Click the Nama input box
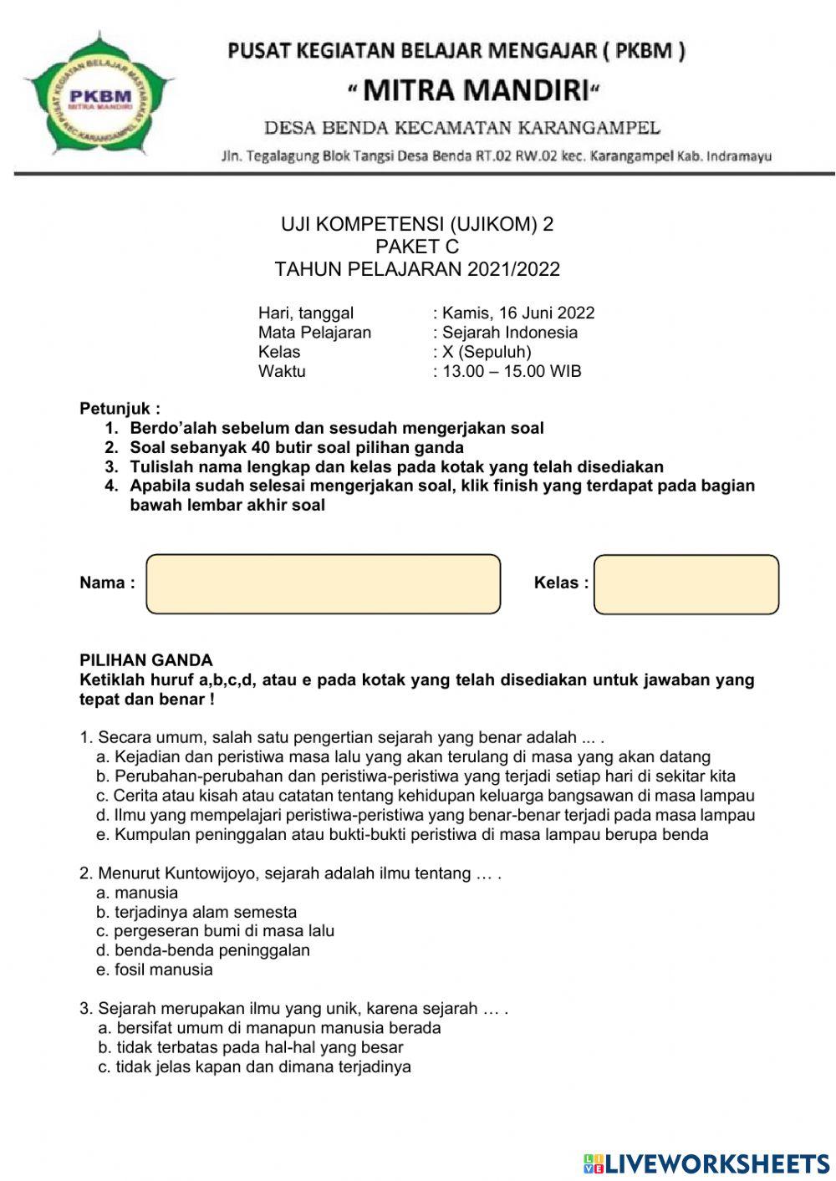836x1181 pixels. tap(324, 583)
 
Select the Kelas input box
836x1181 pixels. tap(686, 583)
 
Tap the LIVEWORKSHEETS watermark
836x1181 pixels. tap(706, 1163)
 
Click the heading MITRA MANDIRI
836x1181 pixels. tap(474, 89)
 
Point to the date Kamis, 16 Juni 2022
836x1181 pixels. tap(518, 313)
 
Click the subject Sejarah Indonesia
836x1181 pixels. tap(510, 333)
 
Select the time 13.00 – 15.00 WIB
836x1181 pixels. tap(512, 371)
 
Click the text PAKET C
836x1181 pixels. tap(417, 247)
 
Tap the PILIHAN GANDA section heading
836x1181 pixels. tap(146, 660)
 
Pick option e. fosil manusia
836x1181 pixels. tap(155, 970)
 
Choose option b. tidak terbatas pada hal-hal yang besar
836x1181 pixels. tap(251, 1047)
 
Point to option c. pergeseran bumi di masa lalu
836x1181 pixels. tap(215, 931)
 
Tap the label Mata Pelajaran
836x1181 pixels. tap(314, 333)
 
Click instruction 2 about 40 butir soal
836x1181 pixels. tap(296, 447)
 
